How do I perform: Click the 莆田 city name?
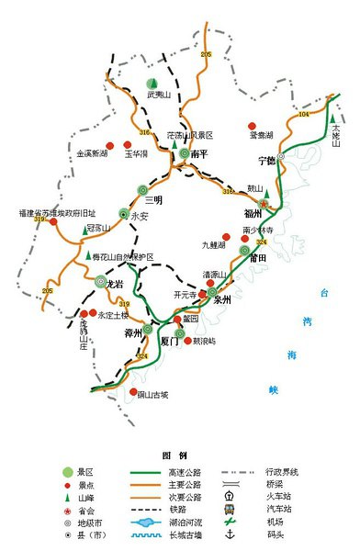255,259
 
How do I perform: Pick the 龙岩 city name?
116,285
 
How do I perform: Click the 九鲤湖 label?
214,245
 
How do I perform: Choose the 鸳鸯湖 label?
263,134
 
